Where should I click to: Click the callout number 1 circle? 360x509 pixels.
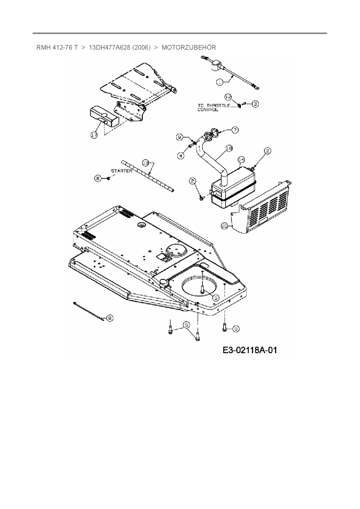tap(220, 82)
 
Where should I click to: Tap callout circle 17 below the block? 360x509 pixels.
tap(94, 135)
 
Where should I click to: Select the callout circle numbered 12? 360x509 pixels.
tap(228, 96)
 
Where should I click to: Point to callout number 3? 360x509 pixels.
tap(255, 104)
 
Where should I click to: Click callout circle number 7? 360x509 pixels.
tap(234, 130)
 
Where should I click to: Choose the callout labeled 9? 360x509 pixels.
tap(180, 136)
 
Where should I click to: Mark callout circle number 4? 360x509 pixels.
tap(181, 156)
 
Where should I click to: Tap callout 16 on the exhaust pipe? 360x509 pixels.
tap(229, 148)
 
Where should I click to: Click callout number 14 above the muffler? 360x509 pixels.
tap(241, 159)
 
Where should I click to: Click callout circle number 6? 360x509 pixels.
tap(98, 178)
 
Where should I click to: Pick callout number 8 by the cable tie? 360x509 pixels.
tap(110, 318)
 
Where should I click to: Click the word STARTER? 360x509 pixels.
tap(122, 171)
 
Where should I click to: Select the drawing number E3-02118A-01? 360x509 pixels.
tap(250, 350)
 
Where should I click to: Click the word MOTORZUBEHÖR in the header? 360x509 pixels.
tap(189, 47)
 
